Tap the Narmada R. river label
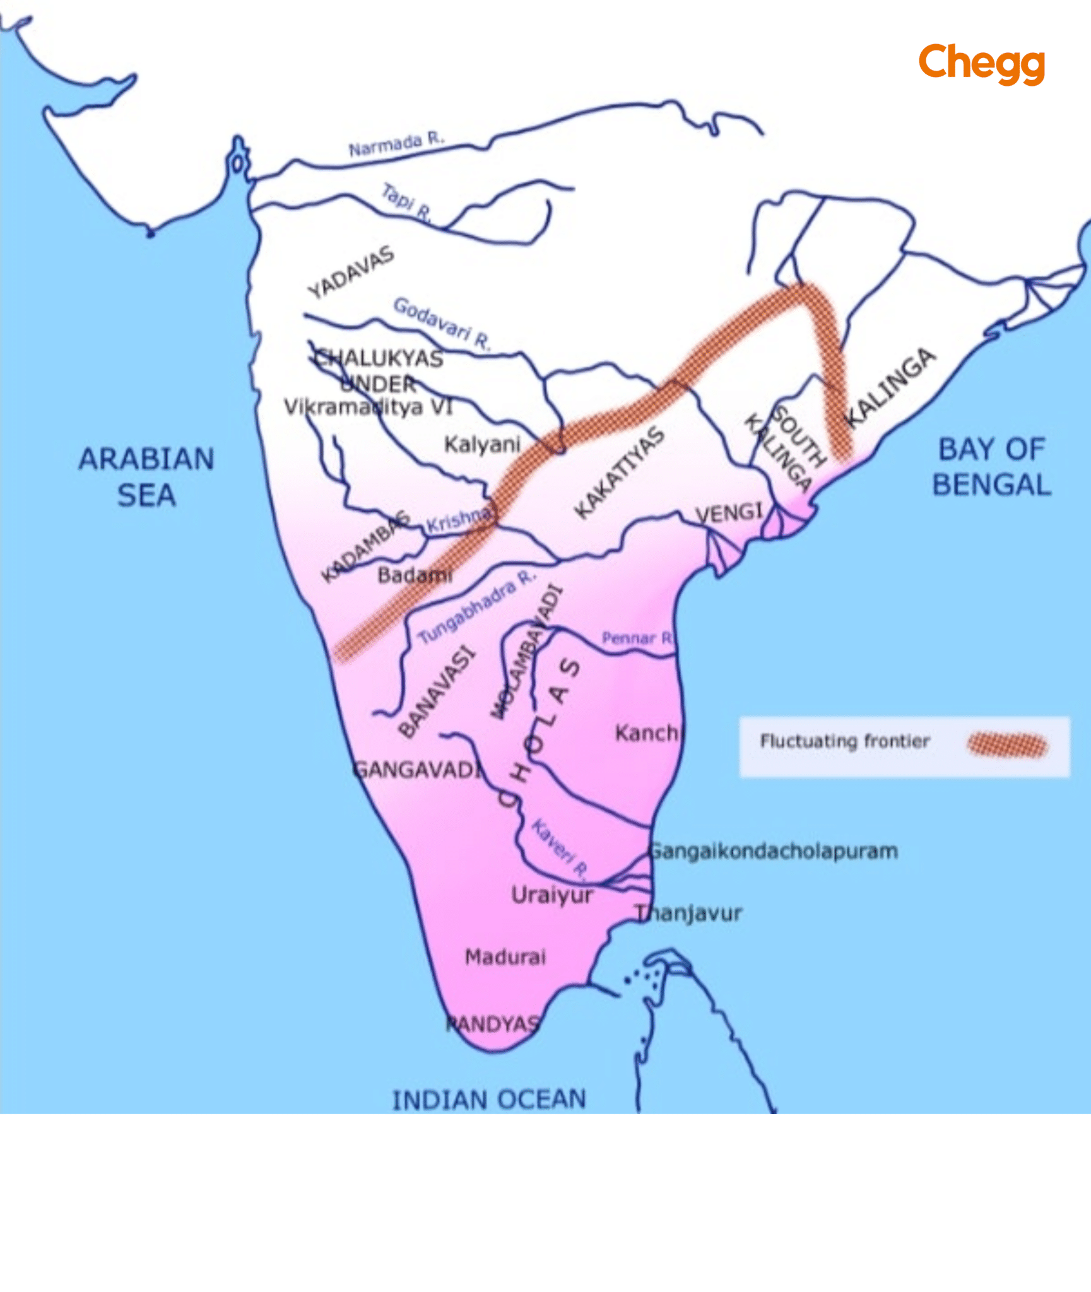[396, 144]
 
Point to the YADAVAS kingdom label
[351, 272]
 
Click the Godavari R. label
[441, 324]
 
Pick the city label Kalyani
[482, 444]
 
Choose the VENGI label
[729, 512]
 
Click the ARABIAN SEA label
[146, 477]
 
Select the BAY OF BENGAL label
[992, 467]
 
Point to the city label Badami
[415, 575]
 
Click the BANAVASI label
[437, 691]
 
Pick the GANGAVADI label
[417, 770]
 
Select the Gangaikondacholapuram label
[774, 851]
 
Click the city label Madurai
[505, 957]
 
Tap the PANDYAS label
[493, 1024]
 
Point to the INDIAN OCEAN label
[489, 1100]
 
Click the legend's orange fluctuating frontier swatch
[1007, 745]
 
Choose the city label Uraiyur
[552, 895]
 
